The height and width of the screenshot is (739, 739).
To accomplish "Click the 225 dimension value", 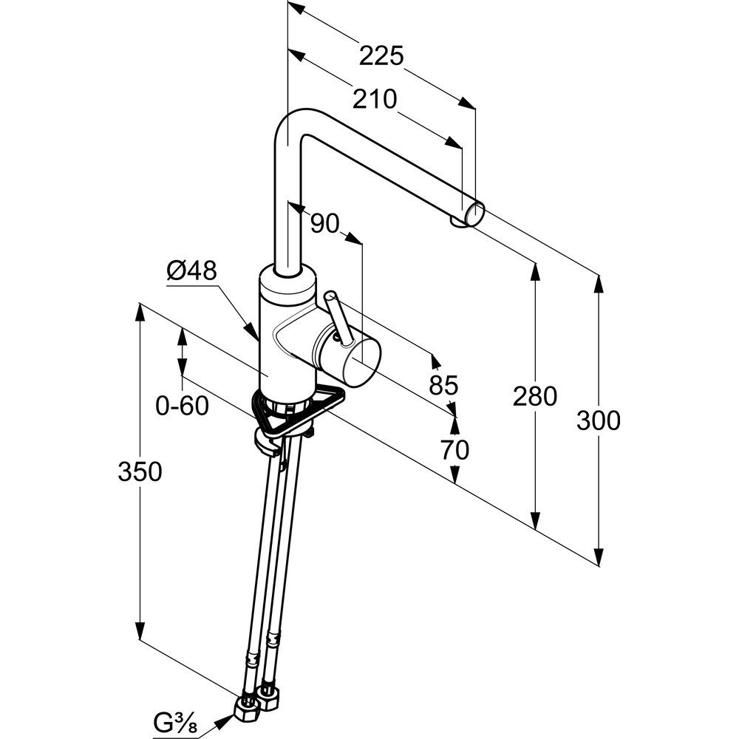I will tap(382, 55).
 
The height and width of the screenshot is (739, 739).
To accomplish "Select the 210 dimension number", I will tap(374, 98).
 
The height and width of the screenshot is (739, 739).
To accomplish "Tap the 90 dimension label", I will tap(323, 223).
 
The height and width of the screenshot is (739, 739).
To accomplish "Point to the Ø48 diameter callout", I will tap(191, 273).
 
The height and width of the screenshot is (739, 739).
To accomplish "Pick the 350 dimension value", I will tap(140, 471).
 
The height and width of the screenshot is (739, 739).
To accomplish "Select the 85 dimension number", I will tap(443, 384).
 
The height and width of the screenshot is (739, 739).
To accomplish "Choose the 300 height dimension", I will tap(598, 420).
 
